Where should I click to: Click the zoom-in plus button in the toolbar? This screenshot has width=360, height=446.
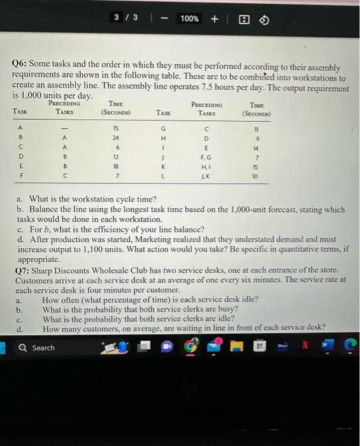point(214,18)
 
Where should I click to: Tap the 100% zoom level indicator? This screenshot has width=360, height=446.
point(189,18)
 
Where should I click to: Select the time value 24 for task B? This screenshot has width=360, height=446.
point(115,136)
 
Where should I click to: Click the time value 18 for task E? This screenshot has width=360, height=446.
point(115,163)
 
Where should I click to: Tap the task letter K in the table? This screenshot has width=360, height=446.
point(164,163)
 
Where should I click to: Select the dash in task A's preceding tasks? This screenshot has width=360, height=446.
point(63,127)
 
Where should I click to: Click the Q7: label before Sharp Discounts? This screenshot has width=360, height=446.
point(24,270)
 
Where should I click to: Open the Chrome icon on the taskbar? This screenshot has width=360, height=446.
point(189,348)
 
